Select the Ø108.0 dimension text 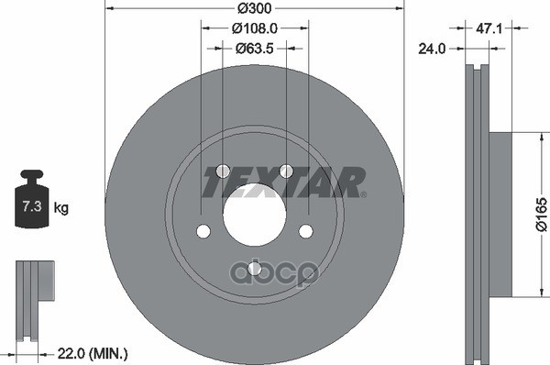click(254, 28)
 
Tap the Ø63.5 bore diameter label click(254, 48)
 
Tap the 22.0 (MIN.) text click(93, 352)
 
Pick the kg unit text click(61, 208)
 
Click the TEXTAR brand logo click(282, 182)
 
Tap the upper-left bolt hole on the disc click(223, 171)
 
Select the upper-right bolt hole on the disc click(286, 171)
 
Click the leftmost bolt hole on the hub click(203, 231)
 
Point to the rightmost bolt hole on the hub click(305, 231)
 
